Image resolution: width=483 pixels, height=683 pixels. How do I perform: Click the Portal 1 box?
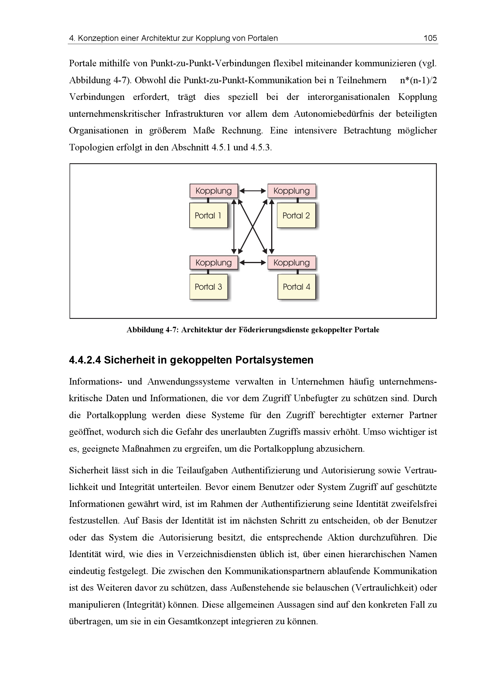coord(208,215)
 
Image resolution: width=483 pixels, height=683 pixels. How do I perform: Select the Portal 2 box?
coord(296,215)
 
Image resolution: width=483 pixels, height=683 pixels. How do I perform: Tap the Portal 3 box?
coord(208,287)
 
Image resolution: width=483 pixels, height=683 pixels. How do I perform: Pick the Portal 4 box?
coord(296,287)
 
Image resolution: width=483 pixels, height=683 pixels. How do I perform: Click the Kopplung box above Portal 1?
coord(214,191)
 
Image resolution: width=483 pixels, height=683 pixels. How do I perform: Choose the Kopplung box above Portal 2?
coord(292,191)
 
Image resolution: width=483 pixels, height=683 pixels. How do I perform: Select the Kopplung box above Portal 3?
coord(214,263)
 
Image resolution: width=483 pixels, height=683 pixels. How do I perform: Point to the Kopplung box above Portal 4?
coord(292,263)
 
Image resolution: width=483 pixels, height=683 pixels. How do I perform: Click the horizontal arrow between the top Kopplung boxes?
coord(253,191)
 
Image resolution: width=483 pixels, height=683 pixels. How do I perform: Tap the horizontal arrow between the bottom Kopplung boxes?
coord(253,263)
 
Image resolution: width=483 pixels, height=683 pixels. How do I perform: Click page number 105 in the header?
coord(430,38)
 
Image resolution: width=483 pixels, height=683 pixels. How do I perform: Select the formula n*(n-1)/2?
coord(418,80)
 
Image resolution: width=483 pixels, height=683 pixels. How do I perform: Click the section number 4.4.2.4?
coord(85,360)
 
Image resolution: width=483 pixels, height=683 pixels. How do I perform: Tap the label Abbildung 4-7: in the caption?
coord(152,330)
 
